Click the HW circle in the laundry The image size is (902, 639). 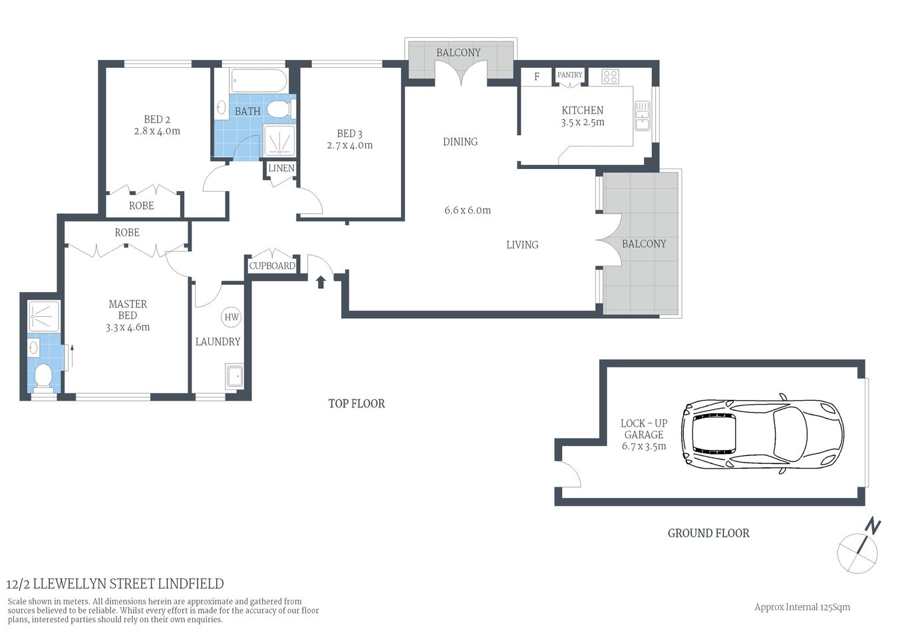pos(231,317)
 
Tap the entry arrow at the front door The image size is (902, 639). pos(321,282)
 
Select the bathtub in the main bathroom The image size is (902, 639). pos(259,82)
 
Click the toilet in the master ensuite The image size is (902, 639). pos(43,376)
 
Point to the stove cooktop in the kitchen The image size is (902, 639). pos(610,77)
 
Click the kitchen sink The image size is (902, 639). pos(642,116)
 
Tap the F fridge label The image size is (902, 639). pos(537,77)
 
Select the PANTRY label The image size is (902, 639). pos(570,75)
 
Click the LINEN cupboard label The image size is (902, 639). pos(281,168)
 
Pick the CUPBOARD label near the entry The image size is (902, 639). pos(272,266)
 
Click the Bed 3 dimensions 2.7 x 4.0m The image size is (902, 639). pos(350,145)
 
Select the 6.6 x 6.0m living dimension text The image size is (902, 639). pos(468,210)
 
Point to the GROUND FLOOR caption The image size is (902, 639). pos(708,533)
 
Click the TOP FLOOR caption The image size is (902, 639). pos(357,403)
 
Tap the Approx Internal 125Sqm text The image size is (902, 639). pos(802,607)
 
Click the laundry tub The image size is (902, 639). pos(234,377)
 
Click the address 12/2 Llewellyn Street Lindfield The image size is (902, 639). pos(115,584)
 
